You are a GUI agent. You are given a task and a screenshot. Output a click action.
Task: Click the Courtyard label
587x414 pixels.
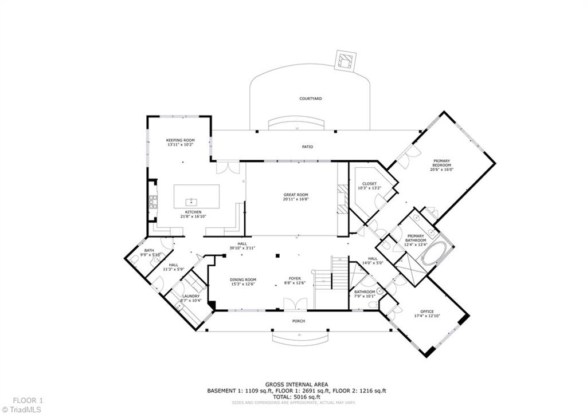pos(310,98)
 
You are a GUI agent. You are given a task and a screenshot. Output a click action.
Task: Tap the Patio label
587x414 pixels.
pos(308,147)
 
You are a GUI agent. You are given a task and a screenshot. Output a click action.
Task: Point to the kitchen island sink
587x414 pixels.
pos(192,202)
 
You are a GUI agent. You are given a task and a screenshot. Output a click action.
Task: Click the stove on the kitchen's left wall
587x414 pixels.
pos(153,202)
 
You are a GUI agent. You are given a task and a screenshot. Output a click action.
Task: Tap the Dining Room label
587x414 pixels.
pos(242,279)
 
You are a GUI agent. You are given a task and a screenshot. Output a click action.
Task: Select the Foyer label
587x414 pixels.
pos(295,279)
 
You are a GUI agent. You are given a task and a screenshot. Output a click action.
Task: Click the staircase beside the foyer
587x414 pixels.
pos(339,273)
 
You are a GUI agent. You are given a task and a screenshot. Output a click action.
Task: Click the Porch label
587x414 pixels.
pos(299,321)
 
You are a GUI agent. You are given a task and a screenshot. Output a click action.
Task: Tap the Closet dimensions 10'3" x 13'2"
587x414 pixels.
pos(369,188)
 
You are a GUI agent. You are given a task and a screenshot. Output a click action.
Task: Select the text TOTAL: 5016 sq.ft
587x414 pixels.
pos(296,397)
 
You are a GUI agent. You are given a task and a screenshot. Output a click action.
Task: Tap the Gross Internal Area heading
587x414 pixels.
pos(296,385)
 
